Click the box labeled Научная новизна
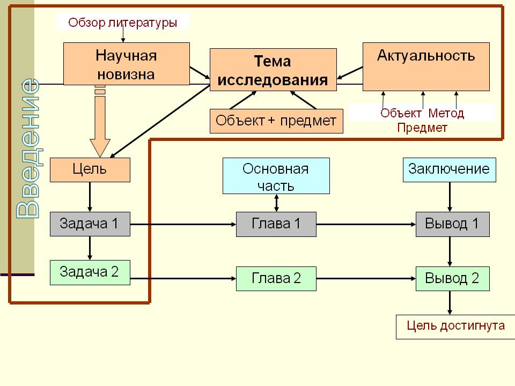(x=126, y=64)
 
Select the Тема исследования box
(x=273, y=70)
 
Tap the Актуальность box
(x=426, y=66)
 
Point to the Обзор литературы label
(x=123, y=23)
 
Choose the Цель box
(x=90, y=170)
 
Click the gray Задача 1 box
(x=90, y=224)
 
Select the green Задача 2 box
(x=90, y=272)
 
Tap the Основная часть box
(x=276, y=176)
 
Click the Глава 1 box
(x=276, y=224)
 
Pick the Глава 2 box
(x=276, y=278)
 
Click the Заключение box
(x=449, y=169)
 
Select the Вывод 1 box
(x=452, y=224)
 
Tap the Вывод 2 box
(x=452, y=278)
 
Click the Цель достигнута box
(x=455, y=326)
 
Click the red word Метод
(x=447, y=114)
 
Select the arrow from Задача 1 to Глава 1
(x=182, y=224)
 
